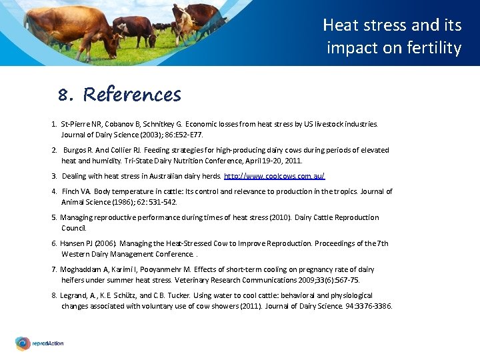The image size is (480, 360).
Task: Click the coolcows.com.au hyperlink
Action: [x=275, y=176]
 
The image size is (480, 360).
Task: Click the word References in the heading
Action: [x=132, y=95]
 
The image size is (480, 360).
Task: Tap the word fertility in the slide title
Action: [x=436, y=48]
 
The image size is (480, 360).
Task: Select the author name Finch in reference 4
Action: [x=71, y=191]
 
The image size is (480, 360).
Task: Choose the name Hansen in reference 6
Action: [x=73, y=243]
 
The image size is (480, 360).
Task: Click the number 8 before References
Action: [x=63, y=96]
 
